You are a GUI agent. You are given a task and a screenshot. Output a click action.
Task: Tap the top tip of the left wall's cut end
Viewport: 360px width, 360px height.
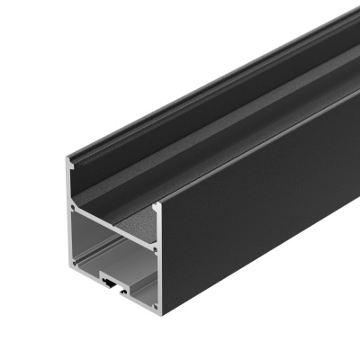(68, 164)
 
